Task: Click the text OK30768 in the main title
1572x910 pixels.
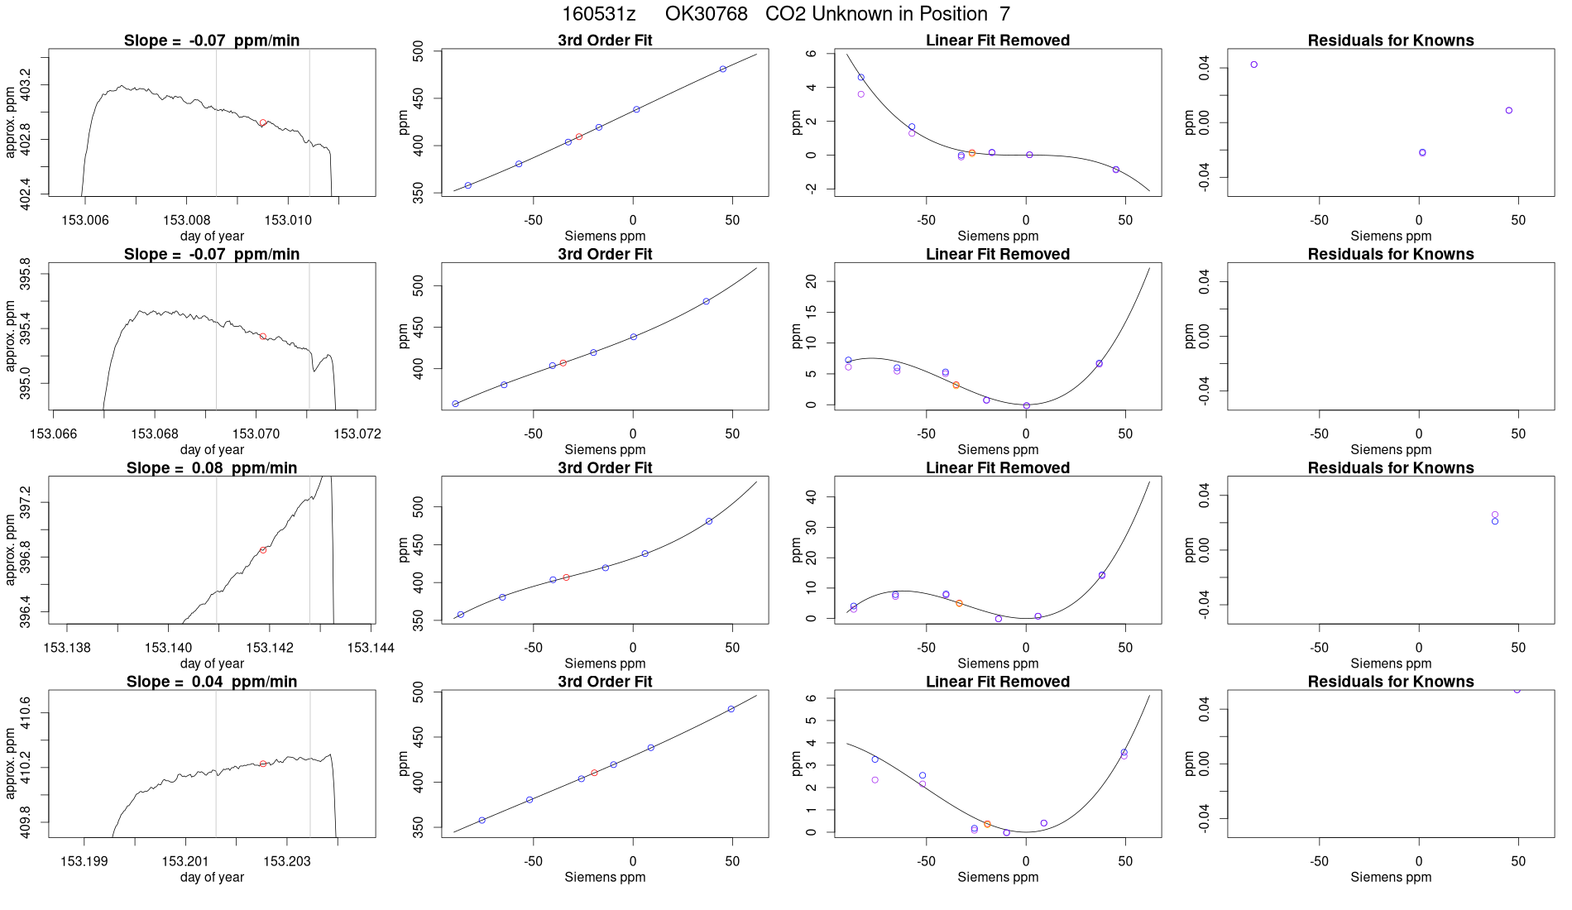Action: [706, 14]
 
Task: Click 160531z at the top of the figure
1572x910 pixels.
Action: [598, 14]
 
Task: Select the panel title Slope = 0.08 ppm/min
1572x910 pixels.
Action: [212, 468]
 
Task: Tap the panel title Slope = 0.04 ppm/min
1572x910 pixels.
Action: [212, 682]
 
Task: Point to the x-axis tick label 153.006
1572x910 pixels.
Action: [84, 220]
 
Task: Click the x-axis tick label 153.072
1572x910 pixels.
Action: [357, 433]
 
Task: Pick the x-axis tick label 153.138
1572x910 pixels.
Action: [67, 647]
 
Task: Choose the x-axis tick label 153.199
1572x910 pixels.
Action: [84, 861]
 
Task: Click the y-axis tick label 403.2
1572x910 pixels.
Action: [25, 85]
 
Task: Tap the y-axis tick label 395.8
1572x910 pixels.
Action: [25, 274]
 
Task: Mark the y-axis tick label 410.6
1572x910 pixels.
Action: [25, 713]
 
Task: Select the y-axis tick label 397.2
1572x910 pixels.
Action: [25, 502]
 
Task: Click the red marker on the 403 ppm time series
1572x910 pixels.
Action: [263, 122]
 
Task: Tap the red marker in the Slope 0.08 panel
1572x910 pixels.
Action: [263, 550]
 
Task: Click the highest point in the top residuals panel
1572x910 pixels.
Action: [1254, 65]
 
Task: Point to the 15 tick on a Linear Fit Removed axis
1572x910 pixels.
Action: [811, 311]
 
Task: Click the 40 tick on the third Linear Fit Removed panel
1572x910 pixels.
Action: [811, 496]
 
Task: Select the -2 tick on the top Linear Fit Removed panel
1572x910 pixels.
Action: [811, 189]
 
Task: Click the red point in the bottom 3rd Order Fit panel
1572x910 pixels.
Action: [594, 773]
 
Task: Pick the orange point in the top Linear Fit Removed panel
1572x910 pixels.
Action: [972, 153]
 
